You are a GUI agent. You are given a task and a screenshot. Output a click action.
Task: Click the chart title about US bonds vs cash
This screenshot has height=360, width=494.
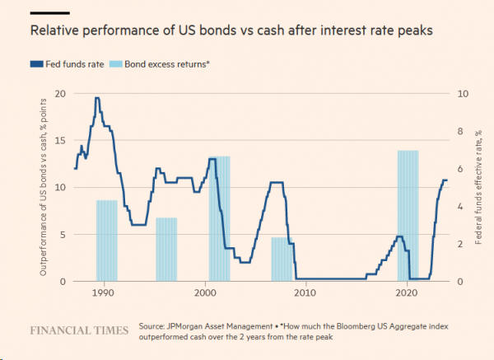pos(230,31)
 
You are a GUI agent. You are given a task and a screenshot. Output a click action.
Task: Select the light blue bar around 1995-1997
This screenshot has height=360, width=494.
pos(166,249)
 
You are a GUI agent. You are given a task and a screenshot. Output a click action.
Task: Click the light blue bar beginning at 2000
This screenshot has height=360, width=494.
pos(219,218)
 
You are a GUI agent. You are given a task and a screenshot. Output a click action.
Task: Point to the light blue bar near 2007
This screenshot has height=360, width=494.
pos(282,259)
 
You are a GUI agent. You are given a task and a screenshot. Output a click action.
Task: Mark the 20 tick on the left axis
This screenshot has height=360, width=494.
pos(58,93)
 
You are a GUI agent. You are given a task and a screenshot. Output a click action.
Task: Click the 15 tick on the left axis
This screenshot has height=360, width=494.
pos(58,140)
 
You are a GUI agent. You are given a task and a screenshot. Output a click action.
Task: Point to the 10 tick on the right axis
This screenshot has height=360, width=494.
pos(462,93)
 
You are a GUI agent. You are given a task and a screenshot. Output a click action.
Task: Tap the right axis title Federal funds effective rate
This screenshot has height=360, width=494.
pos(478,187)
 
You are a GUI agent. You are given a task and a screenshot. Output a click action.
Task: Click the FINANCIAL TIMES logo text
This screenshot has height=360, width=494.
pos(79,330)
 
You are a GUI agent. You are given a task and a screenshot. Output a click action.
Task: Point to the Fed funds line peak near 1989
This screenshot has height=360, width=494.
pos(97,98)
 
